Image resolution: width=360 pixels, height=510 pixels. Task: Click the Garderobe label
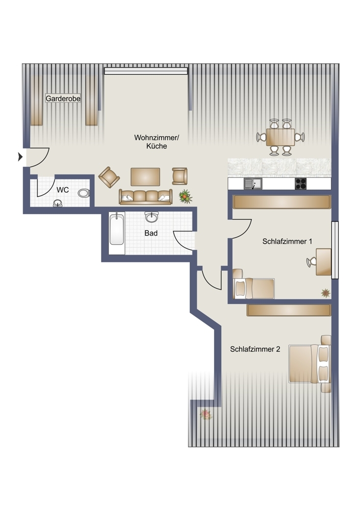[x=63, y=98]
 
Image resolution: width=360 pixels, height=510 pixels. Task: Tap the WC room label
[x=63, y=190]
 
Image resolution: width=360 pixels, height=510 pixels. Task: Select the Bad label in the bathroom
[x=151, y=233]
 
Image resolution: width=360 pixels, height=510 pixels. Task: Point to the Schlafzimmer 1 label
[x=287, y=241]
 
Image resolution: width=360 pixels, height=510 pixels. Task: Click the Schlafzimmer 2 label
[x=255, y=349]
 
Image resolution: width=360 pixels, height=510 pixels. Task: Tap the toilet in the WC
[x=84, y=193]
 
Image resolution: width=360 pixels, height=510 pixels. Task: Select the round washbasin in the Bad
[x=151, y=218]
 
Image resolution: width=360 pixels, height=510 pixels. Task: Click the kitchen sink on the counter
[x=252, y=184]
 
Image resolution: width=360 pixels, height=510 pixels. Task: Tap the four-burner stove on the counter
[x=301, y=184]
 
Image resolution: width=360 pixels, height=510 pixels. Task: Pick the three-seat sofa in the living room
[x=145, y=196]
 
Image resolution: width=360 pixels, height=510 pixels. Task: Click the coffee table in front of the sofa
[x=145, y=176]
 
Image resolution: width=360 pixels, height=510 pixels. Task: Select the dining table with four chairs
[x=280, y=137]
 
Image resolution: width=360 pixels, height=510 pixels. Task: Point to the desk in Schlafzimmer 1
[x=323, y=261]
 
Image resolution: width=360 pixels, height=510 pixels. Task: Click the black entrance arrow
[x=20, y=157]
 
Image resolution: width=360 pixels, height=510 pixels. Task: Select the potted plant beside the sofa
[x=185, y=196]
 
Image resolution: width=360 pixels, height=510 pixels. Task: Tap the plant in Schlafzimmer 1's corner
[x=325, y=293]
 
